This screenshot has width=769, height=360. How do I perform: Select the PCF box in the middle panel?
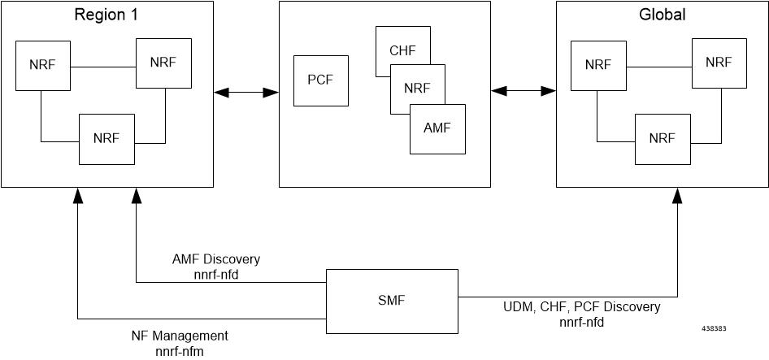tap(320, 80)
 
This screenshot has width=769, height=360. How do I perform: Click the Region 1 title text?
tap(107, 15)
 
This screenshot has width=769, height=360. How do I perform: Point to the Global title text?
tap(663, 15)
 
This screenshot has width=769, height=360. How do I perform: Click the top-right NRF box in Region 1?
tap(163, 62)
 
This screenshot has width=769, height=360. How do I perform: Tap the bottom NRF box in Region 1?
tap(106, 138)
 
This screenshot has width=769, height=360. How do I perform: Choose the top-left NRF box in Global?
tap(597, 64)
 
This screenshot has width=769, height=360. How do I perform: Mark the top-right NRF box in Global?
tap(719, 63)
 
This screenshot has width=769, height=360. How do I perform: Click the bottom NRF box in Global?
tap(662, 138)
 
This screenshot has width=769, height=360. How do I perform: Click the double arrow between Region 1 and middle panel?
tap(246, 93)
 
